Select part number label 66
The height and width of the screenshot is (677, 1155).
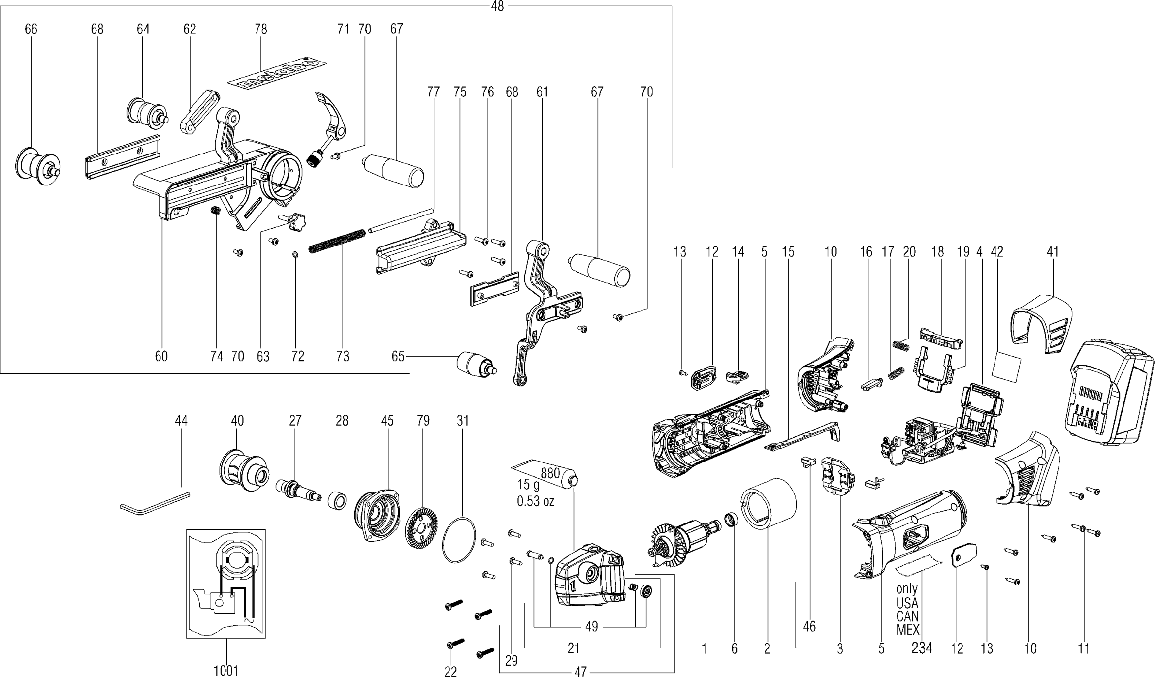[x=31, y=30]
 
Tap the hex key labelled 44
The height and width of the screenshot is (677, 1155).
[x=154, y=502]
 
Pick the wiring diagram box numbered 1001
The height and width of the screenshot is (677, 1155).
[x=226, y=584]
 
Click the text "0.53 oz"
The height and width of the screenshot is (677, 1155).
[x=535, y=501]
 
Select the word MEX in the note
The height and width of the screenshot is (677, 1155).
[x=907, y=629]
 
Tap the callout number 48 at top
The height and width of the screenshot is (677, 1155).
[x=497, y=7]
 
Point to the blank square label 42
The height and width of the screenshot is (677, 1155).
[x=1006, y=366]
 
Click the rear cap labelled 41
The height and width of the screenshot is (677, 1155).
[x=1041, y=325]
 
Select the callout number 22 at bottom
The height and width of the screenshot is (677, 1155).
[x=450, y=671]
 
